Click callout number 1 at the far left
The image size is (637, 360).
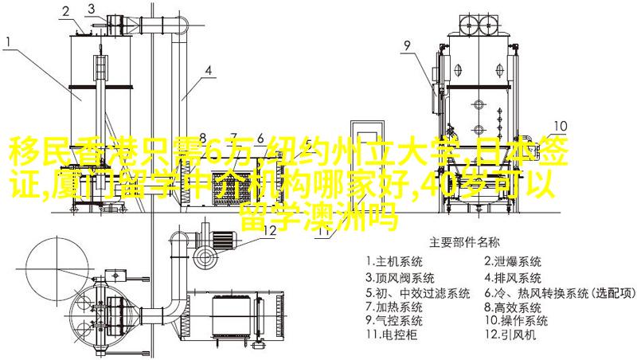[9, 43]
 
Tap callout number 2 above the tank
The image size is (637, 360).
[66, 12]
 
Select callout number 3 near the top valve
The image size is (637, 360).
[91, 9]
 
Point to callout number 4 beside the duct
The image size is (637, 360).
[208, 71]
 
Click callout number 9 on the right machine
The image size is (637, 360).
[407, 45]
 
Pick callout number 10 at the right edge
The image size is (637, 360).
[561, 126]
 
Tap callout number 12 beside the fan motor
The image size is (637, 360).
[270, 230]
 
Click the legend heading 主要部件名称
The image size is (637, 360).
[464, 243]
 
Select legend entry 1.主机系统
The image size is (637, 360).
[394, 262]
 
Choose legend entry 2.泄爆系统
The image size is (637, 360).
[513, 262]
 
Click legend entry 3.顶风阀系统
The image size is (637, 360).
[401, 278]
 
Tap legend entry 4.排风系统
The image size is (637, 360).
[513, 278]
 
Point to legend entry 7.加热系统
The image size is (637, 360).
[394, 307]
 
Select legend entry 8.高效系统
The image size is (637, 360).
[513, 307]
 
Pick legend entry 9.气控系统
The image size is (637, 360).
[394, 321]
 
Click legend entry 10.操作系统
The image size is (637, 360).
[516, 321]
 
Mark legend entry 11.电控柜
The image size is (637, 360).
[392, 335]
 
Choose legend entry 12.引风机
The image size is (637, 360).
[510, 335]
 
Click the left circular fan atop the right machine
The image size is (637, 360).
[469, 25]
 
